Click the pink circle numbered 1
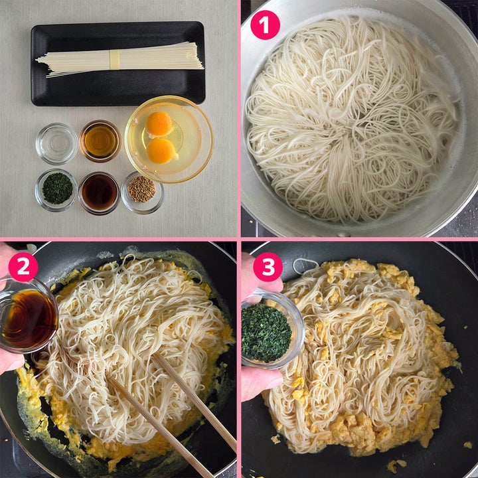point(265,25)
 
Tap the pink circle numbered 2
point(23,267)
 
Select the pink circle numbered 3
point(268,267)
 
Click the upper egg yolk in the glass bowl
point(159,123)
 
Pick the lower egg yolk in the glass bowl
point(161,151)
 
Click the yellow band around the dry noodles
point(115,60)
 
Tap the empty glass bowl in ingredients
point(56,143)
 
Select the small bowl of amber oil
point(100,141)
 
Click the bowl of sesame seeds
point(142,193)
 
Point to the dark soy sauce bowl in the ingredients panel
point(100,193)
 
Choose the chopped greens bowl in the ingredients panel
point(56,191)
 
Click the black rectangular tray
point(118,64)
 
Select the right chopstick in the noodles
point(194,402)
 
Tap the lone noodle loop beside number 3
point(305,266)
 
